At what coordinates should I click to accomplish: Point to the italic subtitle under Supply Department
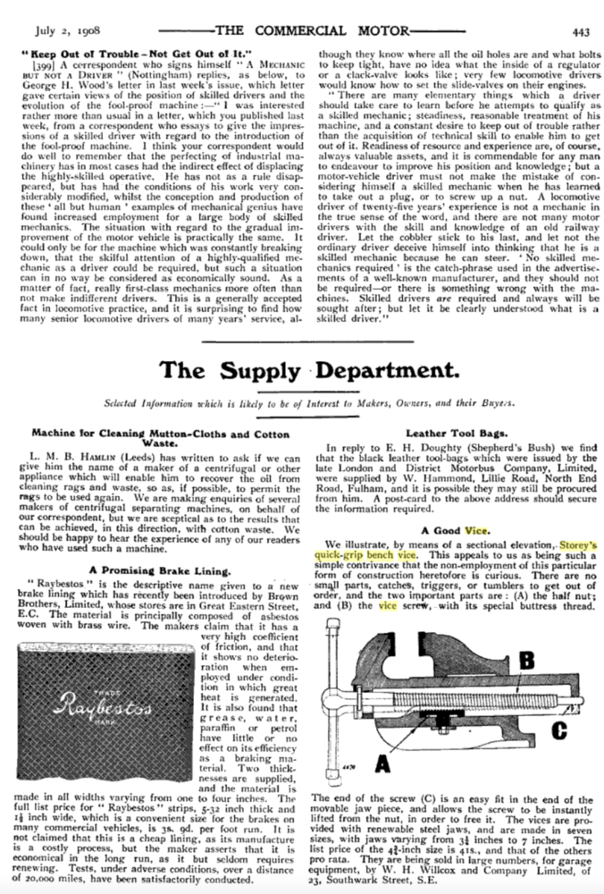pyautogui.click(x=301, y=401)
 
